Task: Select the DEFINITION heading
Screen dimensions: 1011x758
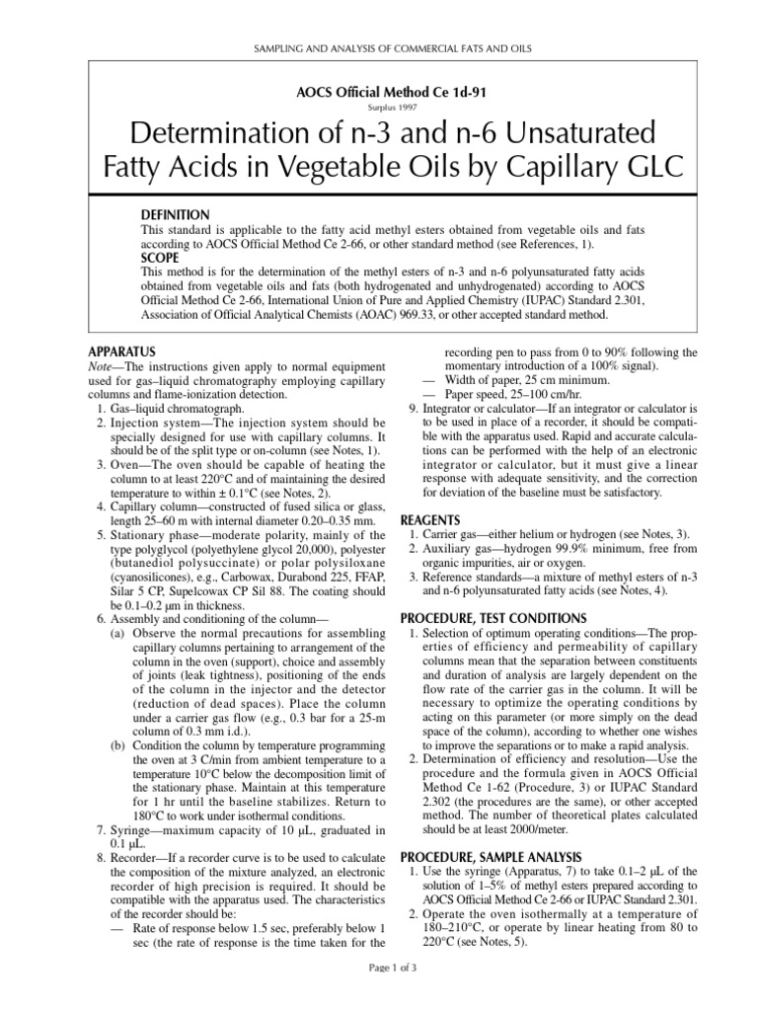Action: [176, 214]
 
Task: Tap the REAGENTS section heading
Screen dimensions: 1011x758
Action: [430, 520]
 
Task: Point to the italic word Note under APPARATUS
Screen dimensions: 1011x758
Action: [102, 365]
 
